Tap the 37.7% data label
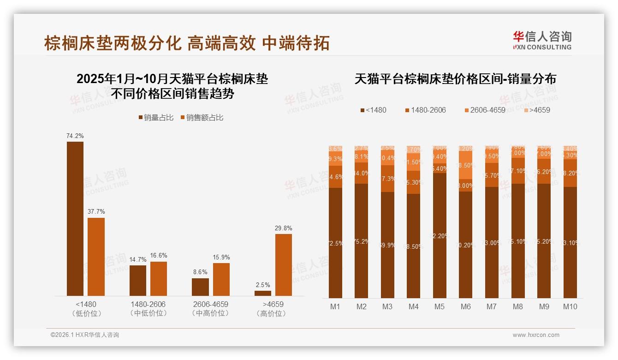pyautogui.click(x=96, y=211)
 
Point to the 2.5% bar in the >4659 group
pyautogui.click(x=263, y=293)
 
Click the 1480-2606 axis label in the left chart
pyautogui.click(x=148, y=305)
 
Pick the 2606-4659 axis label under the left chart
pyautogui.click(x=211, y=305)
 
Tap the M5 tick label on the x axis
pyautogui.click(x=439, y=306)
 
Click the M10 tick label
pyautogui.click(x=570, y=306)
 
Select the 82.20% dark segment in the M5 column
pyautogui.click(x=440, y=235)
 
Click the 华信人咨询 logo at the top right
pyautogui.click(x=542, y=40)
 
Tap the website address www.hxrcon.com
pyautogui.click(x=536, y=335)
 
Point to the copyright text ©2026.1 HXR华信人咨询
pyautogui.click(x=85, y=335)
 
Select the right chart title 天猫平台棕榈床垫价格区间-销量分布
pyautogui.click(x=455, y=79)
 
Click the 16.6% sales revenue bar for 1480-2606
pyautogui.click(x=159, y=279)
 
